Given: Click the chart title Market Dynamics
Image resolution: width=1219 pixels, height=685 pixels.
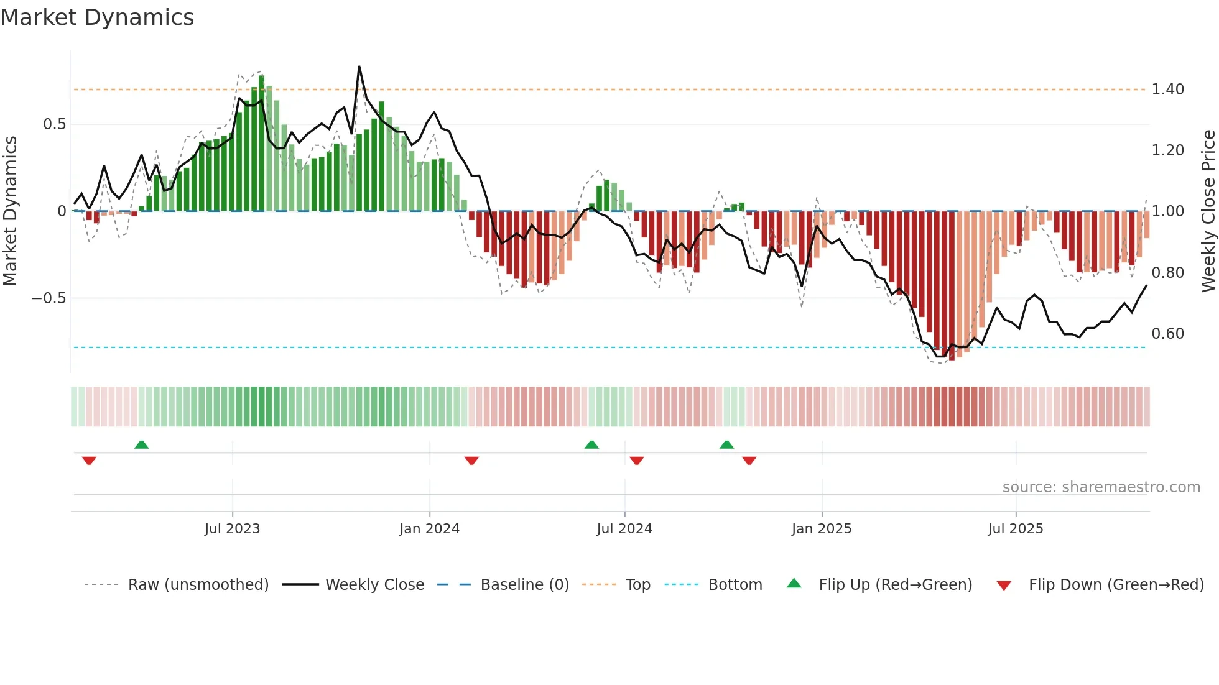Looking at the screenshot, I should (97, 17).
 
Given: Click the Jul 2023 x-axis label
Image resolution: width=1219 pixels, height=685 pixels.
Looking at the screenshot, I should (232, 529).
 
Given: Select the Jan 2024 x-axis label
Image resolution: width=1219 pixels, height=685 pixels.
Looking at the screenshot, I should (429, 529).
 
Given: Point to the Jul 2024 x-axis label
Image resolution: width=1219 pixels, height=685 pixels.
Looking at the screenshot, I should (624, 529).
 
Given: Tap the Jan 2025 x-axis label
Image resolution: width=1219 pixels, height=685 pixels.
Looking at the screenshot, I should (822, 529).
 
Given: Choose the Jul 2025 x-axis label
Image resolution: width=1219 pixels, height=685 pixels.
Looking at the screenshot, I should (1016, 529).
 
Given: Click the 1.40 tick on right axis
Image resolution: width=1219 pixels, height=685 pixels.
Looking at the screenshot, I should (1167, 90).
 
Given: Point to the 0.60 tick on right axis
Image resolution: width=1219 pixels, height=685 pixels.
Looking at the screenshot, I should (1167, 334).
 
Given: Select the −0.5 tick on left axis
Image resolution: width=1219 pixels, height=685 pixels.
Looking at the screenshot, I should (49, 298).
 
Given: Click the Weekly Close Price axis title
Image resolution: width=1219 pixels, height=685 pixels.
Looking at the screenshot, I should (1208, 211).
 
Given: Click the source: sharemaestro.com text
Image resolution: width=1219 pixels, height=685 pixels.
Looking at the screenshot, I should (1101, 487).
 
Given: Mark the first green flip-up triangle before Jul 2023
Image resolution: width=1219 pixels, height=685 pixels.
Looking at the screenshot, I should (142, 444).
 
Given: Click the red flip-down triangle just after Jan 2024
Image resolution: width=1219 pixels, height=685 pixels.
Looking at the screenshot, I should (471, 461).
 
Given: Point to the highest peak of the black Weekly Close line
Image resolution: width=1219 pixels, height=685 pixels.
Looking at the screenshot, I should (359, 67).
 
